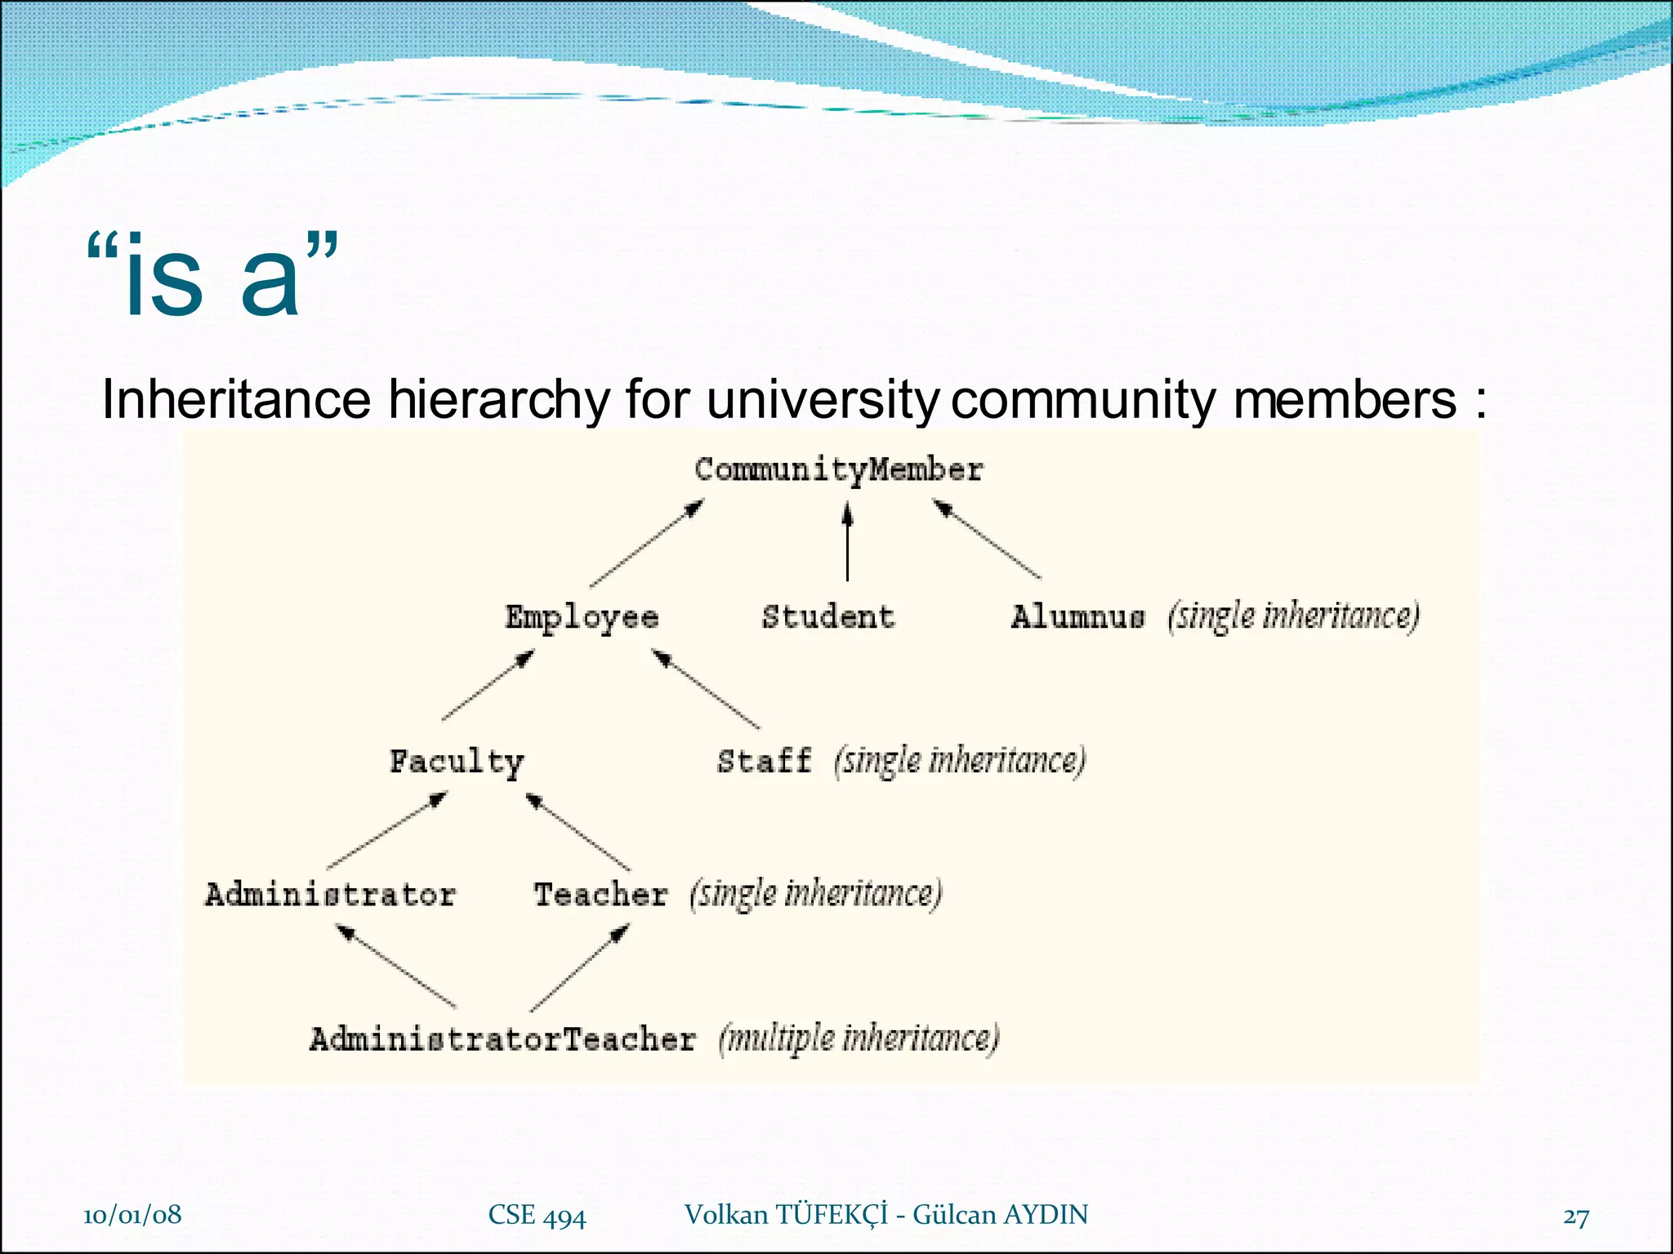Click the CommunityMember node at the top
[x=838, y=470]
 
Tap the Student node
[x=828, y=617]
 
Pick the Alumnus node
[x=1077, y=617]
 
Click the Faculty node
[x=456, y=763]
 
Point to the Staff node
[x=765, y=761]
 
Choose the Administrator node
[x=330, y=895]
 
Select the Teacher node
[x=600, y=895]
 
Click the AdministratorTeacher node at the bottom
[x=502, y=1040]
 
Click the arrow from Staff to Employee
[x=706, y=689]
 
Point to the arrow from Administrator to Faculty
[x=387, y=831]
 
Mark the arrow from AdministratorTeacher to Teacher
[x=579, y=969]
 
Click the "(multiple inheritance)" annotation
[x=859, y=1040]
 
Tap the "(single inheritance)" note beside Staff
[x=960, y=761]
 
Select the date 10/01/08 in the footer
[x=132, y=1215]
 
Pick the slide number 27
[x=1576, y=1217]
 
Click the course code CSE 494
[x=537, y=1216]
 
